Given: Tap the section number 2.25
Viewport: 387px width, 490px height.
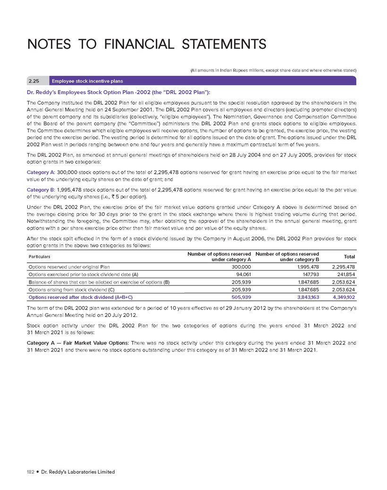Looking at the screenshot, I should click(34, 81).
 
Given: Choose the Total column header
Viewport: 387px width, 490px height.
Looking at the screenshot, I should click(349, 257).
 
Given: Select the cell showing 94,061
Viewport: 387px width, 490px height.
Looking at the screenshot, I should click(241, 274).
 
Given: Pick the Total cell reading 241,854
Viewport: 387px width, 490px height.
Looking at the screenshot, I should click(345, 274).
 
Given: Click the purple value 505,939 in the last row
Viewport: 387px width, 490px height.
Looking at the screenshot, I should click(239, 297).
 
